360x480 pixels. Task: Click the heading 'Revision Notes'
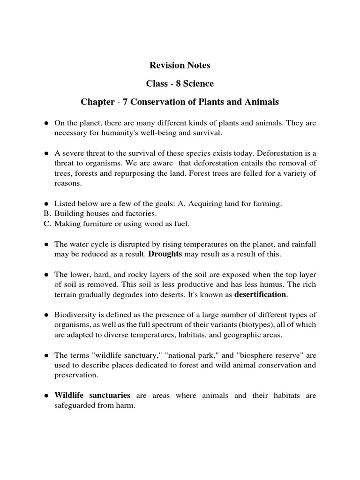[x=180, y=65]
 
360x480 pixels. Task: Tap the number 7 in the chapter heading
[x=125, y=102]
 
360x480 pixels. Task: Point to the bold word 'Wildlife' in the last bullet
[x=69, y=395]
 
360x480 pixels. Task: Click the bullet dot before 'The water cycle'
[x=47, y=244]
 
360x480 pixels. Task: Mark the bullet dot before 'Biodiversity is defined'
[x=47, y=314]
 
